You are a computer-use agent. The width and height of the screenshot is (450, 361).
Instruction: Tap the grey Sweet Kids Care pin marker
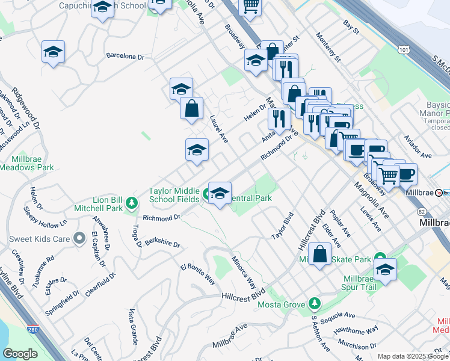click(x=79, y=239)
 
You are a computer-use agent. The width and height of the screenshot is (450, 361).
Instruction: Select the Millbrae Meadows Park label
click(x=32, y=163)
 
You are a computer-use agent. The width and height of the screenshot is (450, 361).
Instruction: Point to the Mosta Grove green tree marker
click(x=313, y=303)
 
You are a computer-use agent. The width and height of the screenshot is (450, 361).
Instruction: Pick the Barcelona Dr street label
click(x=125, y=57)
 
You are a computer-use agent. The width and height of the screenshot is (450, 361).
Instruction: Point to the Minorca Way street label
click(x=244, y=271)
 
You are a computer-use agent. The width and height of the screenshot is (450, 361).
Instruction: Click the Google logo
click(x=20, y=354)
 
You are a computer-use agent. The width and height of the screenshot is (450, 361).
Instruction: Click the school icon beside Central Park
click(x=220, y=193)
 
